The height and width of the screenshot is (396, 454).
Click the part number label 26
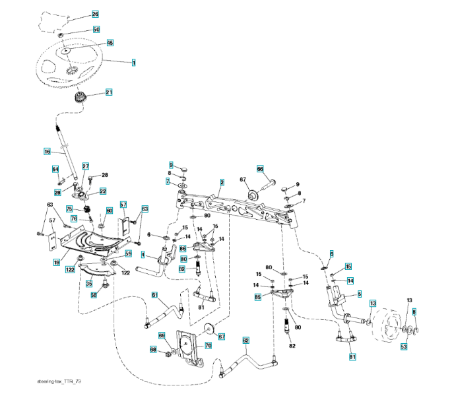[95, 14]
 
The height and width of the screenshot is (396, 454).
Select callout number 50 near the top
[96, 30]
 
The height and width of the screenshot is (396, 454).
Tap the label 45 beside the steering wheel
[110, 43]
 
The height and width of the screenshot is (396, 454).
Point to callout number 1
[133, 63]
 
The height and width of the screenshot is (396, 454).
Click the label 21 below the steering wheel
[109, 92]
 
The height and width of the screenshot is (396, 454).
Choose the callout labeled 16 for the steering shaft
[47, 152]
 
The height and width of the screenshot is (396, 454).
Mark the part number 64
[55, 170]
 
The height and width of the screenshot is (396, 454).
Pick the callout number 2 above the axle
[222, 181]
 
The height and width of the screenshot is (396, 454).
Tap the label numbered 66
[260, 168]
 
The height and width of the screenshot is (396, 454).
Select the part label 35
[88, 283]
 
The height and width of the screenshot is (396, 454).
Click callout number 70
[207, 345]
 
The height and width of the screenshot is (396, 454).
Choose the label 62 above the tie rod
[245, 341]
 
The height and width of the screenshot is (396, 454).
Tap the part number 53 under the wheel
[404, 346]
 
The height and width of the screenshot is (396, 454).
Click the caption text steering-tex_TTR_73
[60, 382]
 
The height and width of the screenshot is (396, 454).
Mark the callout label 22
[103, 191]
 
